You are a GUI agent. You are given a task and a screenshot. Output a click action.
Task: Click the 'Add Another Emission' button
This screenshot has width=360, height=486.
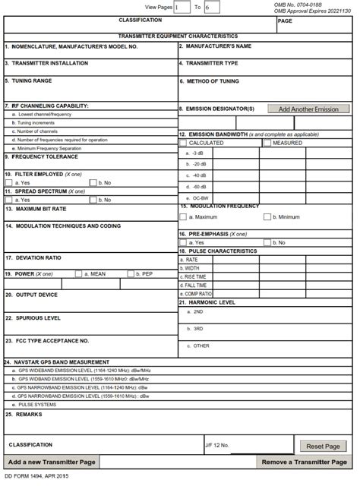[x=308, y=109]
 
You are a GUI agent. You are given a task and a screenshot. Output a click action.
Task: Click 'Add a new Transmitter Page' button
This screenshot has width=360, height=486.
[x=51, y=462]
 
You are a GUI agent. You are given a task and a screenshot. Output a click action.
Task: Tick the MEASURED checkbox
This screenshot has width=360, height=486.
[x=267, y=142]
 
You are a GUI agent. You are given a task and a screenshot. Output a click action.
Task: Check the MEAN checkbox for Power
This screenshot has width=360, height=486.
[x=79, y=273]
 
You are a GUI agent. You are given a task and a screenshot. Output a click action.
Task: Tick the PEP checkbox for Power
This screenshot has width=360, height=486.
[x=131, y=273]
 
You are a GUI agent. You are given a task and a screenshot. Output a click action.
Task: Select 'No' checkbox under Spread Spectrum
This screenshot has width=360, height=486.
[x=93, y=200]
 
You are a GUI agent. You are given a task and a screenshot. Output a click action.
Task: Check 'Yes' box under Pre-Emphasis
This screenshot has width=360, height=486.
[x=183, y=242]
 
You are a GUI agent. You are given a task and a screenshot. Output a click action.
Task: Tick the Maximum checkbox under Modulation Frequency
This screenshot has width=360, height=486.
[x=183, y=216]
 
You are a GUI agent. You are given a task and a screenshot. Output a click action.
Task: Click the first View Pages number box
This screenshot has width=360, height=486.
[x=182, y=7]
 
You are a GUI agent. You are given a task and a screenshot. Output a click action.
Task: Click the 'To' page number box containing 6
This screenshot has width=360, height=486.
[x=212, y=7]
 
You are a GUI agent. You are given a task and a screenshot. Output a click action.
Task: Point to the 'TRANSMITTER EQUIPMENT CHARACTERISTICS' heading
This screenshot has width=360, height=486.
[x=178, y=36]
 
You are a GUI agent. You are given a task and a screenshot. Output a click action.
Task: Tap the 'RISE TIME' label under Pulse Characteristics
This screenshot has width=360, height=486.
[x=197, y=276]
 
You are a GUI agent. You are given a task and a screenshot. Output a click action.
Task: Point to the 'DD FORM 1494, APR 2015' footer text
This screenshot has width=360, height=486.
[x=36, y=477]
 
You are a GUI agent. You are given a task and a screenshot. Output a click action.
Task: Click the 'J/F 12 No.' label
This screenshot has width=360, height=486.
[x=216, y=444]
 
